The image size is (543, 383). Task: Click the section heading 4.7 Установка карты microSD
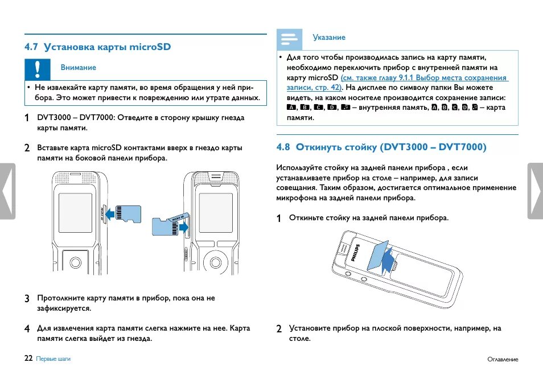point(97,47)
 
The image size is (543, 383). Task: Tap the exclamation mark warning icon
point(37,68)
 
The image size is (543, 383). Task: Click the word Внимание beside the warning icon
point(78,67)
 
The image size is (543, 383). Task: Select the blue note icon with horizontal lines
point(289,39)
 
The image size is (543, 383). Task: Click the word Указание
point(329,38)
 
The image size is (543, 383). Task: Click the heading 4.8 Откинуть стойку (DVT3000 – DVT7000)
point(381,147)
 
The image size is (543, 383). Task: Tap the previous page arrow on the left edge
point(7,191)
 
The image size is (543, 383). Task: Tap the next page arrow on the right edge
point(535,191)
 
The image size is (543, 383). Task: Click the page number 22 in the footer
point(28,359)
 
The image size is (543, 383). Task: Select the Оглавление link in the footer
point(503,359)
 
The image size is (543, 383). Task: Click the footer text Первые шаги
point(53,359)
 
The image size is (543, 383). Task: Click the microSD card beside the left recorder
point(129,213)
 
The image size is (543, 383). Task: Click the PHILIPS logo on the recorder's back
point(356,252)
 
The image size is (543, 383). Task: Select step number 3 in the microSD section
point(27,298)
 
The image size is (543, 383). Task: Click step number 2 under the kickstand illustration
point(279,328)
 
